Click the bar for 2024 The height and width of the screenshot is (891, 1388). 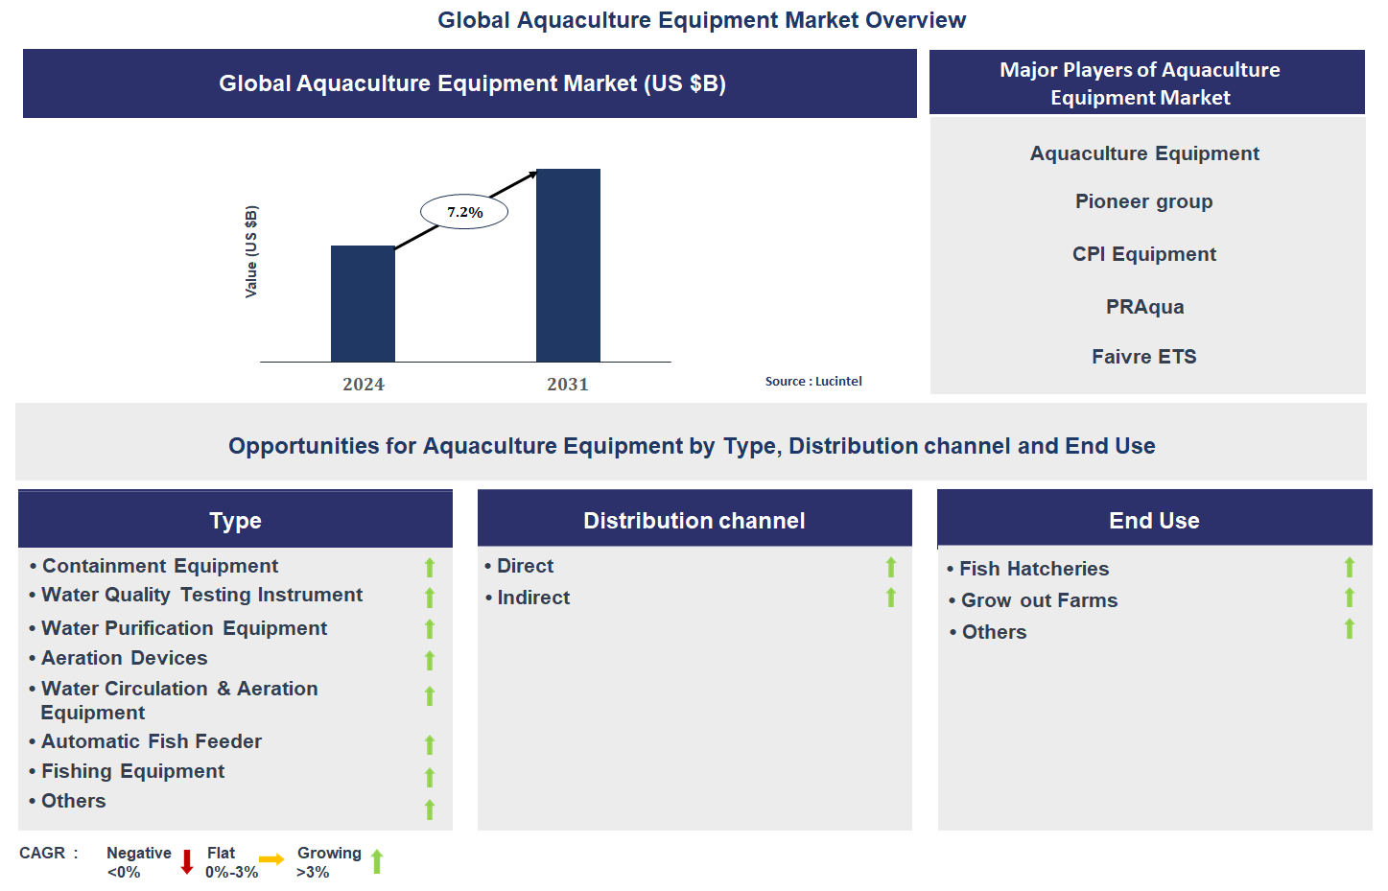coord(363,303)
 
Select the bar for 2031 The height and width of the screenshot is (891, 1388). coord(568,265)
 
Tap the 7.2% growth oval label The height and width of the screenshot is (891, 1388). coord(464,212)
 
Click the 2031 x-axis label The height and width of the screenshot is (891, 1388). coord(567,385)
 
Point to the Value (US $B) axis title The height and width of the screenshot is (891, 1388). coord(251,251)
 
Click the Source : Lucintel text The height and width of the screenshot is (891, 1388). coord(813,382)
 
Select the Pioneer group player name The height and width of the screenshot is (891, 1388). coord(1143,201)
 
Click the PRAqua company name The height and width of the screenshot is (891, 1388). coord(1144,307)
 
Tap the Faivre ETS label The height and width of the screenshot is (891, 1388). coord(1143,357)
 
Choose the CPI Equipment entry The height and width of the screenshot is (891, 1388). coord(1143,254)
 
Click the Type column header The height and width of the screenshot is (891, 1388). coord(235,520)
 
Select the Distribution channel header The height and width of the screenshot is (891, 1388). coord(694,520)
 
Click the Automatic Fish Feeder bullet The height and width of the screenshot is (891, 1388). coord(151,741)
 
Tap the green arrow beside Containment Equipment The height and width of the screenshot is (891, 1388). coord(430,568)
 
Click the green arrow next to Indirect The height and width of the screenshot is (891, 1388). coord(891,598)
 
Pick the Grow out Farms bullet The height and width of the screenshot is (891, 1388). coord(1039,600)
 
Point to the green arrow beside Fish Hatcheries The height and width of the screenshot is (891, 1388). coord(1350,568)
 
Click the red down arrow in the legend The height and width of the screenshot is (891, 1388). coord(187,862)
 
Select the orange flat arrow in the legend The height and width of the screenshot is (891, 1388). coord(271,859)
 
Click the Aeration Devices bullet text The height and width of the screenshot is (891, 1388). coord(124,658)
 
